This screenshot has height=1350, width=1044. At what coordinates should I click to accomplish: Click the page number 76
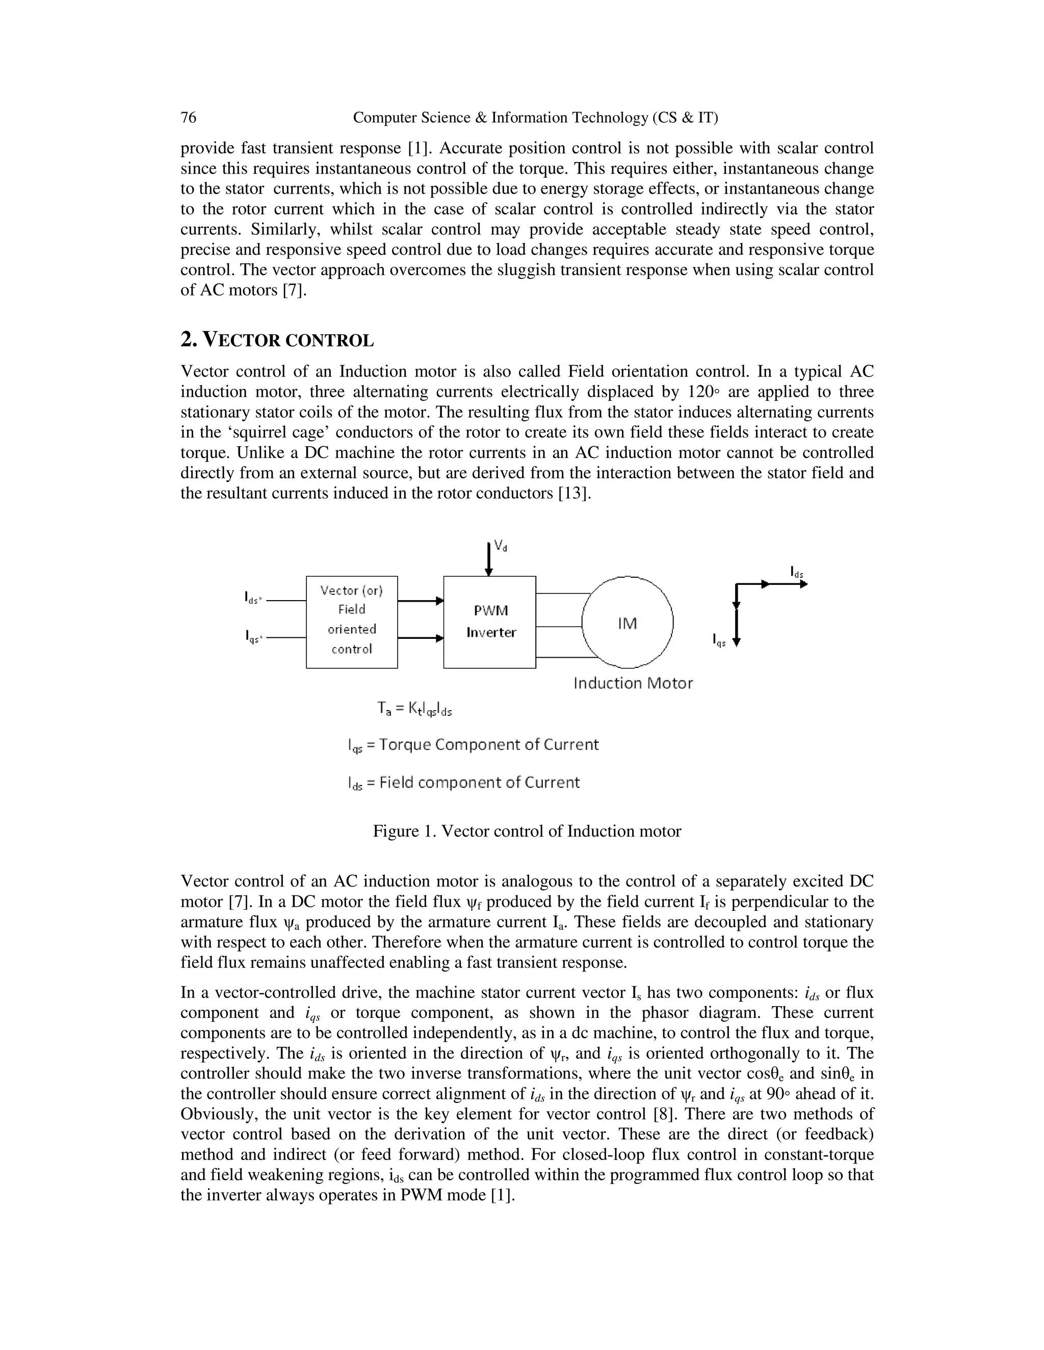coord(188,118)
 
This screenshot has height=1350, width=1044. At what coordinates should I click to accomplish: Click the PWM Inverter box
coord(490,622)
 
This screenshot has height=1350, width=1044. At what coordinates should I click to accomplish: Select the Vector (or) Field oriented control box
coord(352,622)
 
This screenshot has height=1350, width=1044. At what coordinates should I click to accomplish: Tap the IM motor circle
coord(627,623)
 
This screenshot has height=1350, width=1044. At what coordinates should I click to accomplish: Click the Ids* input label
coord(252,599)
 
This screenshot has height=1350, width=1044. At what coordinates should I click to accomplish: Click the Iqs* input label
coord(252,636)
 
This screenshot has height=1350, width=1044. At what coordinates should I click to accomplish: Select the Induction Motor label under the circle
coord(633,683)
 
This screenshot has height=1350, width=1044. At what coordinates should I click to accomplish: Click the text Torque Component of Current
coord(488,744)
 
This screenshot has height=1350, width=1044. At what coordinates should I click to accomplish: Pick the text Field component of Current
coord(479,782)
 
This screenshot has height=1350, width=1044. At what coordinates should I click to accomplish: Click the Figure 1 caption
coord(527,831)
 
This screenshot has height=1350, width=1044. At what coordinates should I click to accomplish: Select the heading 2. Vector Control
coord(277,340)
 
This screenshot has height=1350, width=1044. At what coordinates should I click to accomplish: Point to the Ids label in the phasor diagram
coord(797,572)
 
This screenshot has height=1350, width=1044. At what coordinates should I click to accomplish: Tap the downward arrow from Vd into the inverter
coord(488,559)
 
